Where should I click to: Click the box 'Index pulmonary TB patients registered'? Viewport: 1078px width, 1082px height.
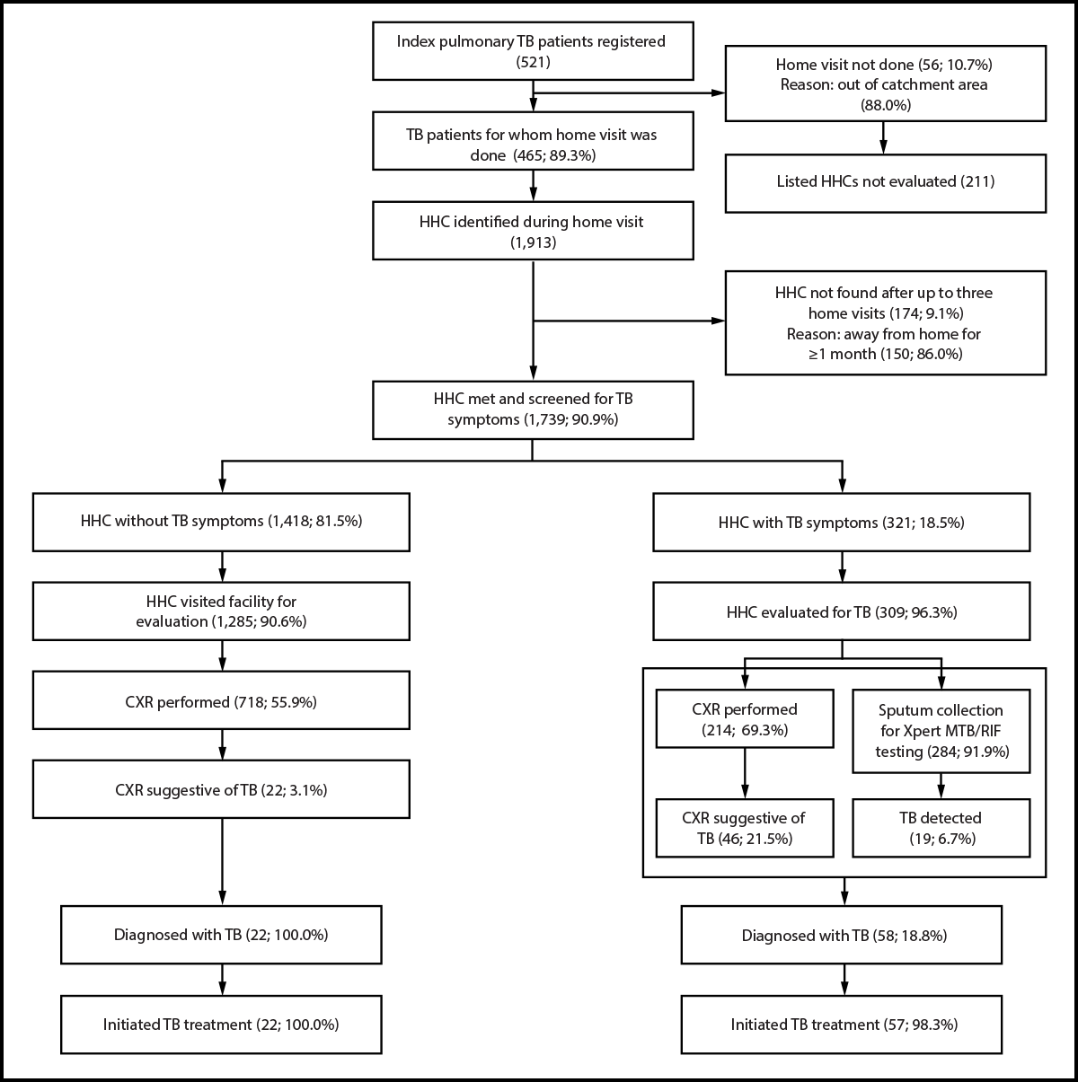click(x=534, y=49)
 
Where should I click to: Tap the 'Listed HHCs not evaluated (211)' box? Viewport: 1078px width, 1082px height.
click(x=885, y=182)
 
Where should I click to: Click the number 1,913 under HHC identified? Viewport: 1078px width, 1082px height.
click(x=534, y=242)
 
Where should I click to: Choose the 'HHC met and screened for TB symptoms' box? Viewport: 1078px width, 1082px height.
click(x=534, y=409)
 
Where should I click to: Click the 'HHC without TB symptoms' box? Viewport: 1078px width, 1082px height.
click(x=221, y=521)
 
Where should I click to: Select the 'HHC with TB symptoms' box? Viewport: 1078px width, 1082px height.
click(x=842, y=521)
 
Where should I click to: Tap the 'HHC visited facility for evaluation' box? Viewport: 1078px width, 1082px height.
click(x=221, y=611)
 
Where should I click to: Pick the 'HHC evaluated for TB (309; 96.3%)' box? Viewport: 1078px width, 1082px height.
click(x=842, y=611)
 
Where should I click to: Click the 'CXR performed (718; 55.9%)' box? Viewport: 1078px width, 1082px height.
click(x=221, y=701)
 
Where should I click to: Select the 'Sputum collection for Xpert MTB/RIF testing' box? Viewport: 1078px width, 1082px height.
click(x=941, y=729)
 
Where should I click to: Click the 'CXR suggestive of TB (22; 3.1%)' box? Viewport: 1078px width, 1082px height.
click(x=221, y=789)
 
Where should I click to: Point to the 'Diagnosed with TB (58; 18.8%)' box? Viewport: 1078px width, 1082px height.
click(x=843, y=935)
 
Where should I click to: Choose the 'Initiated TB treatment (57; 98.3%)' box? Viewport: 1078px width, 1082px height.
click(x=843, y=1024)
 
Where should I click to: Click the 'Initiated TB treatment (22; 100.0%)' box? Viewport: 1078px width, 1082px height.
click(x=221, y=1024)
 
